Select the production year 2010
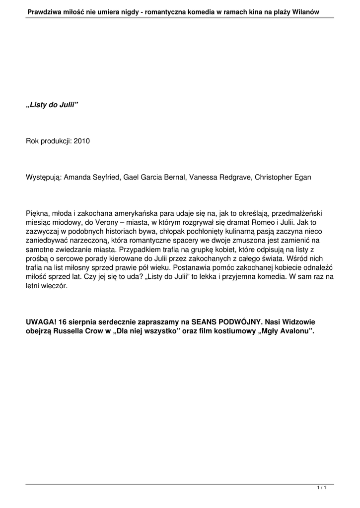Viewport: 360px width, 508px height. pos(81,141)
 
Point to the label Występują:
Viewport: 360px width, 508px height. pos(44,177)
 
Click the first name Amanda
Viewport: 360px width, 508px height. pos(77,177)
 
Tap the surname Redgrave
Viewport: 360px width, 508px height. pos(232,177)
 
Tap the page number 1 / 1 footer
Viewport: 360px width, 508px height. pos(321,489)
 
